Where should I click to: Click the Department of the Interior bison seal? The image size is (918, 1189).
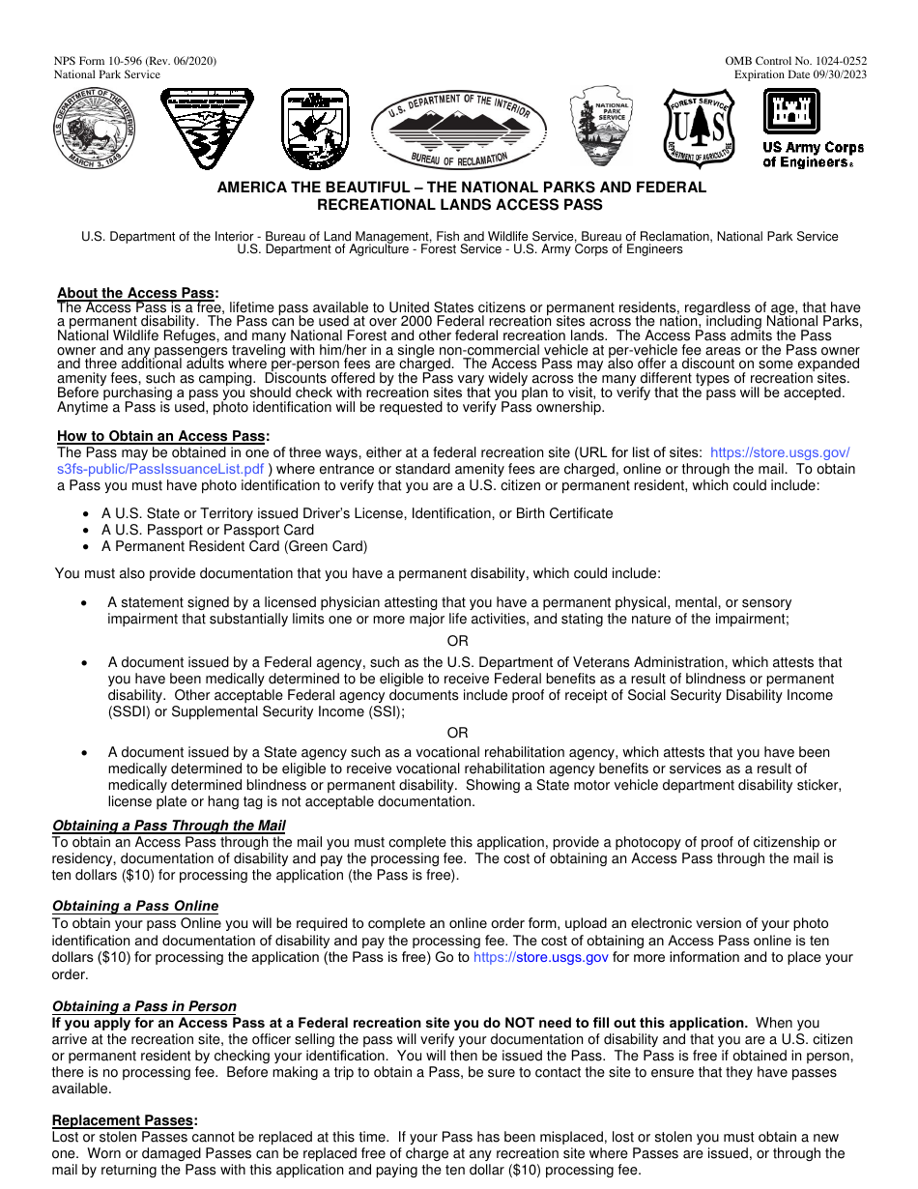(x=95, y=128)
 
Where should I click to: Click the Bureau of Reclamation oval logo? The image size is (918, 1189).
(x=459, y=130)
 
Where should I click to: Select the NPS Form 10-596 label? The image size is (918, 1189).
(x=135, y=61)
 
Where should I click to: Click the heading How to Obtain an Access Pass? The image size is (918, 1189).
(x=161, y=436)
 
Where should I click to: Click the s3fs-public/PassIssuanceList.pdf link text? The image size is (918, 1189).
(x=160, y=469)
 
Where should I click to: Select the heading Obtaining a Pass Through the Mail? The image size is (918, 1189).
(x=168, y=826)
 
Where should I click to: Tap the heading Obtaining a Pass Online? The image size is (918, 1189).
(x=134, y=906)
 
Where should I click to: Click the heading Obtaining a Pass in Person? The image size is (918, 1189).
(x=144, y=1006)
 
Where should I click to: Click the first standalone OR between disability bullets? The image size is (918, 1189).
(x=457, y=641)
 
